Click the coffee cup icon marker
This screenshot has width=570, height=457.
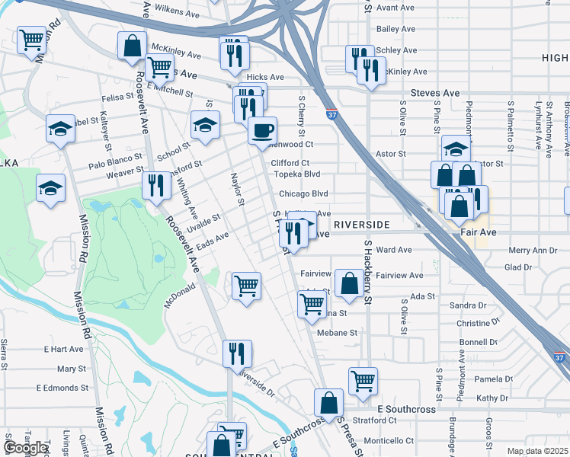262,131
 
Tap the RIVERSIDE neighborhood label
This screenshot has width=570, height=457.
362,225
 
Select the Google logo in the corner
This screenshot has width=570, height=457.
25,448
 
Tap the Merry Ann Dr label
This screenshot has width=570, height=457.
533,250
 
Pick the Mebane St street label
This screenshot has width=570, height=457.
338,333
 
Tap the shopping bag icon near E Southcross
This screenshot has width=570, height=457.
328,404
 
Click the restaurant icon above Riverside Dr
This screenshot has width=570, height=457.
236,353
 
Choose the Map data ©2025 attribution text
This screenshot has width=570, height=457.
537,451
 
